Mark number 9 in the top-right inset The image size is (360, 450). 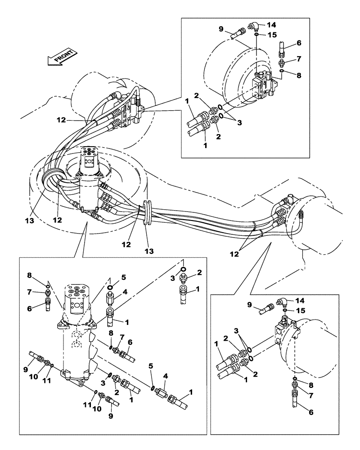(x=221, y=29)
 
